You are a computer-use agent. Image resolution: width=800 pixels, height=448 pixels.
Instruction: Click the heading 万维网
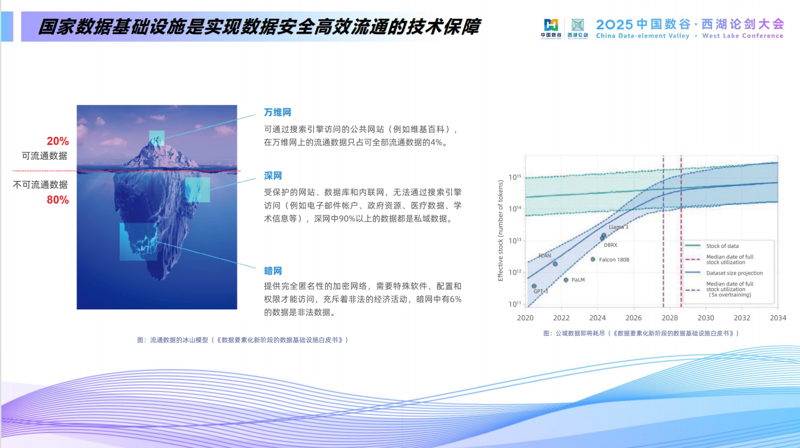[x=278, y=112]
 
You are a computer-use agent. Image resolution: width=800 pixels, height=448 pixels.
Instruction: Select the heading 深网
[x=273, y=176]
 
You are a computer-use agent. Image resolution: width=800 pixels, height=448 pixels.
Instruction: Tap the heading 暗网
[x=273, y=271]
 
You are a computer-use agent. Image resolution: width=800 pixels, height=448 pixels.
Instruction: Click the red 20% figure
[x=58, y=142]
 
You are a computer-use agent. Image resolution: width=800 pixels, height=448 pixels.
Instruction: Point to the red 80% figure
[x=58, y=200]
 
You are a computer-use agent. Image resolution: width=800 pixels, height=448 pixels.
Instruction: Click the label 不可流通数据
[x=40, y=185]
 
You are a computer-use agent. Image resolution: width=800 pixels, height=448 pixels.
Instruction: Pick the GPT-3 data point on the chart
[x=534, y=287]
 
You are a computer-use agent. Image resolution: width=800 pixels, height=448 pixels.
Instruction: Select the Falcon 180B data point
[x=593, y=259]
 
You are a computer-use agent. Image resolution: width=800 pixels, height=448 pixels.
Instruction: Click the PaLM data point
[x=566, y=280]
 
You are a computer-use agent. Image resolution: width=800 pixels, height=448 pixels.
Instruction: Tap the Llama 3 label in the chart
[x=618, y=227]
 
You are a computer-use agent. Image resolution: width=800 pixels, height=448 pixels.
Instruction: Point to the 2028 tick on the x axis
[x=670, y=318]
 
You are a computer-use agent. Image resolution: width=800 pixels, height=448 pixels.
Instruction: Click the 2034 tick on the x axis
[x=778, y=318]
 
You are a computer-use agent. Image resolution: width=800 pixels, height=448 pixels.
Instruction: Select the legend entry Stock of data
[x=722, y=246]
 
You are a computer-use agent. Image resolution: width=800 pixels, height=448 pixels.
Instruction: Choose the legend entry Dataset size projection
[x=734, y=273]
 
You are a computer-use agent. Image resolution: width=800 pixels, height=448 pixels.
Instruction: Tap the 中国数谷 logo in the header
[x=551, y=28]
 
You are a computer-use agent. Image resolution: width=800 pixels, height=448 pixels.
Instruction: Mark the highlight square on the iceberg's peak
[x=157, y=138]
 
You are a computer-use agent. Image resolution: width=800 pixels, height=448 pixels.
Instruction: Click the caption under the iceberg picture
[x=242, y=340]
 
